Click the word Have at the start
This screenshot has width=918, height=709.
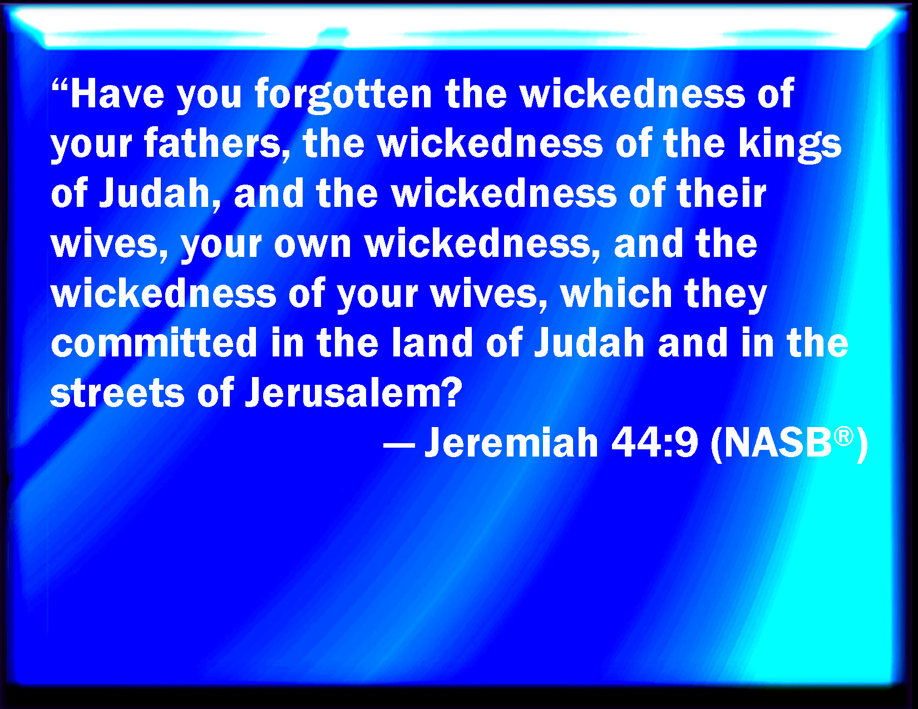(117, 93)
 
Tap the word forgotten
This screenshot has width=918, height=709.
(343, 95)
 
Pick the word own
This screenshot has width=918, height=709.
(313, 245)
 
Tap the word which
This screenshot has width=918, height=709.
(616, 293)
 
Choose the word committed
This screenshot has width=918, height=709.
(154, 343)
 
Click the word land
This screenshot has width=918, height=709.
(432, 343)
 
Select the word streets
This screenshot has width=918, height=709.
(118, 393)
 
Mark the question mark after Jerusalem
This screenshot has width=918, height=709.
(450, 391)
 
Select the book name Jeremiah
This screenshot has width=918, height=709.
(511, 442)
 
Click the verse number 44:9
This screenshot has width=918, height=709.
(654, 443)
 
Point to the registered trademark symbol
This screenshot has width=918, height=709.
(843, 437)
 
